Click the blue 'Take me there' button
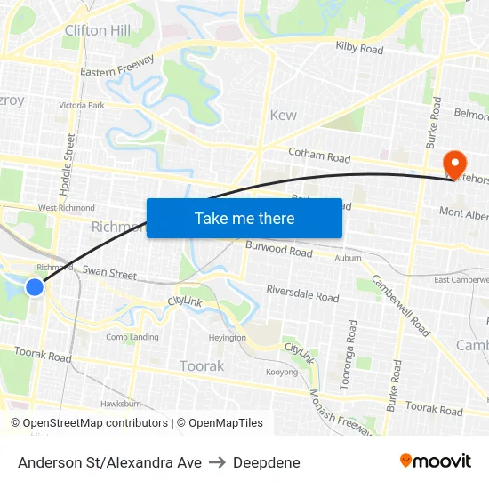pyautogui.click(x=244, y=218)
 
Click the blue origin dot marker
pyautogui.click(x=35, y=286)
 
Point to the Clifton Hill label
pyautogui.click(x=98, y=30)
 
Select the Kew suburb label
pyautogui.click(x=283, y=116)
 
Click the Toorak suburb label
pyautogui.click(x=202, y=365)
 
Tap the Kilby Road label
pyautogui.click(x=359, y=48)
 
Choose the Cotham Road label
pyautogui.click(x=319, y=156)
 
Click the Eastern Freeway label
pyautogui.click(x=116, y=66)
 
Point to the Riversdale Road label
pyautogui.click(x=302, y=293)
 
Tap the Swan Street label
pyautogui.click(x=109, y=273)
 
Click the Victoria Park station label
pyautogui.click(x=81, y=105)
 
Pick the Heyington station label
pyautogui.click(x=227, y=338)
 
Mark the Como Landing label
pyautogui.click(x=132, y=337)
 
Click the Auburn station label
pyautogui.click(x=348, y=258)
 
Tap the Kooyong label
pyautogui.click(x=282, y=371)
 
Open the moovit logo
pyautogui.click(x=435, y=461)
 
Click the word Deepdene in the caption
pyautogui.click(x=267, y=462)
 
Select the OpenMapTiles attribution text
pyautogui.click(x=220, y=423)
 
